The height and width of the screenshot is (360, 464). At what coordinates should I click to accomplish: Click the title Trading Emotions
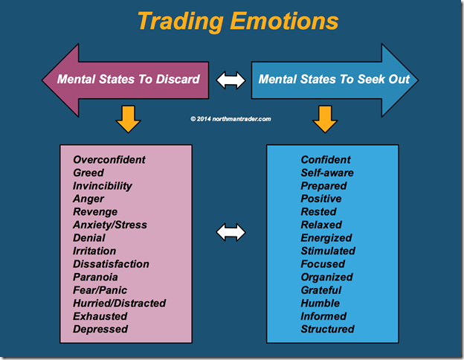[x=238, y=22]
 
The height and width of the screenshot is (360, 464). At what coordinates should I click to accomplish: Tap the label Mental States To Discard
[x=129, y=80]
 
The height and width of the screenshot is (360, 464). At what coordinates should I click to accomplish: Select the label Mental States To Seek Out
[x=334, y=80]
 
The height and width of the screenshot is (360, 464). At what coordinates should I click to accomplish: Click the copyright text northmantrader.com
[x=231, y=119]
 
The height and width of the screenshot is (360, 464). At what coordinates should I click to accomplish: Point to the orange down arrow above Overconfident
[x=128, y=119]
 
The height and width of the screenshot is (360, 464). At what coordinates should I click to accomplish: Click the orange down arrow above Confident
[x=325, y=119]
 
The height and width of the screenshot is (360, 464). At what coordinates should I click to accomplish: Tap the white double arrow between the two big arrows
[x=231, y=80]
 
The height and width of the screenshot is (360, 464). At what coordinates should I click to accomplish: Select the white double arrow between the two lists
[x=231, y=232]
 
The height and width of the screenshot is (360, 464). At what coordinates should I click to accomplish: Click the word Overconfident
[x=109, y=160]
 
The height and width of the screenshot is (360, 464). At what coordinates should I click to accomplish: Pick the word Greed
[x=88, y=173]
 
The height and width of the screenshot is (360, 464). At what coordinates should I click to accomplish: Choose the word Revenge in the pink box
[x=95, y=212]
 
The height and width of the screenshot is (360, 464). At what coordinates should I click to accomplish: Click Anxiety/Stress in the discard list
[x=110, y=225]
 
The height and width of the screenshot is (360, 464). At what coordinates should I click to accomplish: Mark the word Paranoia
[x=95, y=277]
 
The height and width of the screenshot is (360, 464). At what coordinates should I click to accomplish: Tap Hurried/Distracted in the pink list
[x=120, y=303]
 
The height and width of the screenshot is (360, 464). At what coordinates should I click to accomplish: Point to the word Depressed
[x=100, y=330]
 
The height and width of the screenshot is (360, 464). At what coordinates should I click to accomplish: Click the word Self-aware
[x=327, y=173]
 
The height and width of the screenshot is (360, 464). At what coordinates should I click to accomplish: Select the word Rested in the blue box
[x=319, y=212]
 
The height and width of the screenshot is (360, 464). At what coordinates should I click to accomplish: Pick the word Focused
[x=323, y=264]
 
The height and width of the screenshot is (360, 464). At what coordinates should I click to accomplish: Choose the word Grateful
[x=321, y=290]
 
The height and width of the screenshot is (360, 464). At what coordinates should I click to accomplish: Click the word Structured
[x=328, y=330]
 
